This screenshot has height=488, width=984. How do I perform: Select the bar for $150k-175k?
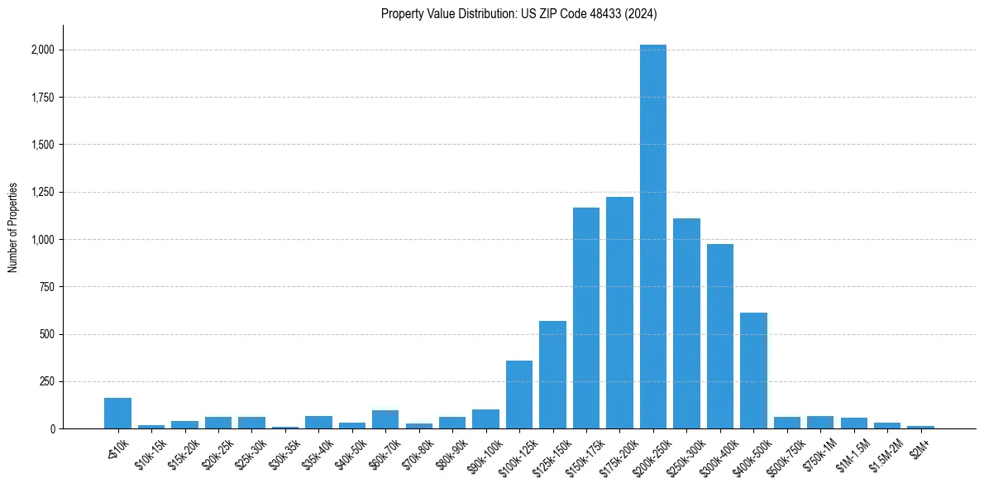[586, 318]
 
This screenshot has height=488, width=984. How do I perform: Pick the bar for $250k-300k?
[686, 323]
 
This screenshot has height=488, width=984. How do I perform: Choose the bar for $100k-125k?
[519, 395]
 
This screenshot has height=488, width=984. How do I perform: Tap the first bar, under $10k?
[117, 414]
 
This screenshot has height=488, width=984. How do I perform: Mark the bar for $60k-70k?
[385, 419]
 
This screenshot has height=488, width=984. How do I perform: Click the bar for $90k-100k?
[485, 419]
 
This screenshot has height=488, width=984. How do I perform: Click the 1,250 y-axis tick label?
[42, 193]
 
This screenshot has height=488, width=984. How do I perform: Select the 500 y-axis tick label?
[47, 335]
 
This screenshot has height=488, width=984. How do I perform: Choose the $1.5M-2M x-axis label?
[881, 451]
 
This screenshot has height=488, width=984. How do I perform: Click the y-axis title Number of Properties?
[13, 227]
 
